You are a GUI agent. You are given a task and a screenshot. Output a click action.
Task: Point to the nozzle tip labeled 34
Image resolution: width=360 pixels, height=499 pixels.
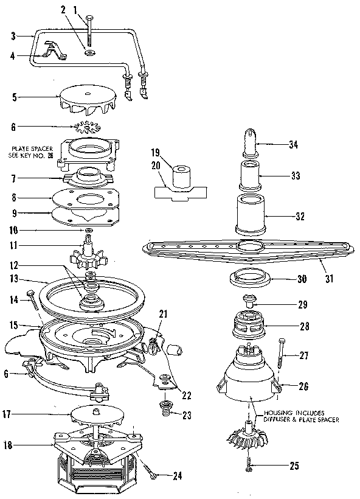tap(253, 144)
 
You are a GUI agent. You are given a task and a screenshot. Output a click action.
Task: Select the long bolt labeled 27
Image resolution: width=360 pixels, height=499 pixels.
tap(281, 353)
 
